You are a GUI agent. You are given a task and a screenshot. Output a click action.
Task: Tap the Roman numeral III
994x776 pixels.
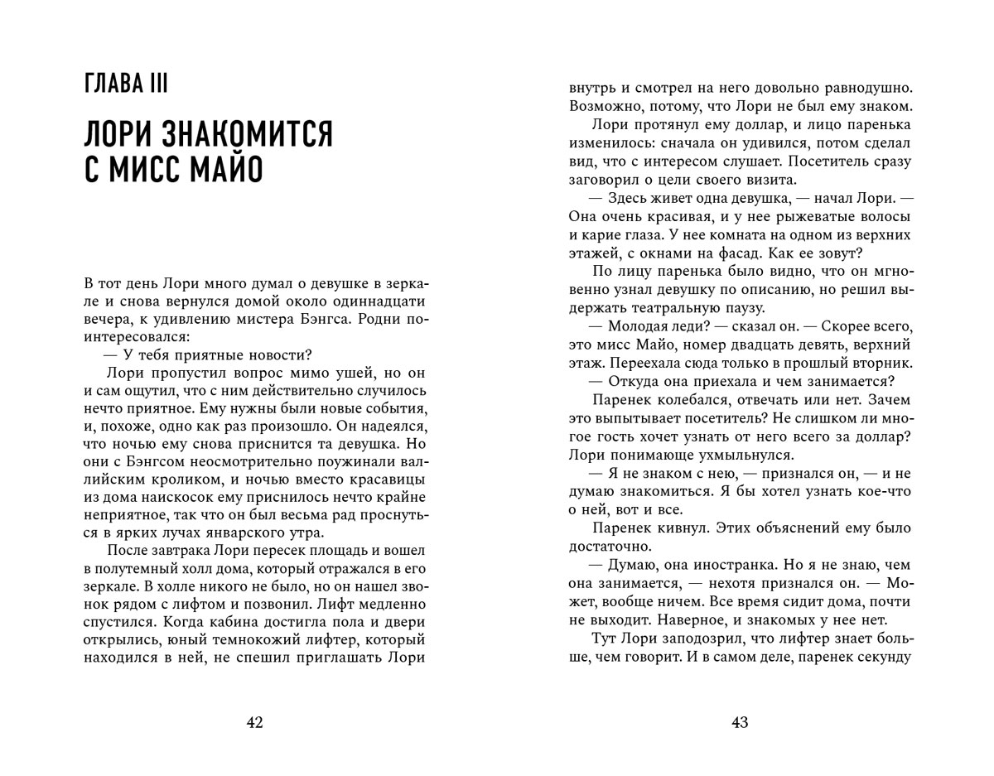click(168, 85)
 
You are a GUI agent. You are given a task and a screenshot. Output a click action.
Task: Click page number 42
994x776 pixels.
click(254, 722)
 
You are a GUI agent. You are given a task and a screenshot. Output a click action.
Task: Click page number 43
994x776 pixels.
click(740, 722)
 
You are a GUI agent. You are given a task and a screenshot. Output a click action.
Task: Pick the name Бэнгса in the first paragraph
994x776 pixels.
click(349, 320)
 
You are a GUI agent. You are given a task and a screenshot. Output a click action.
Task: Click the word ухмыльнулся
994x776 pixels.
click(731, 455)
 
